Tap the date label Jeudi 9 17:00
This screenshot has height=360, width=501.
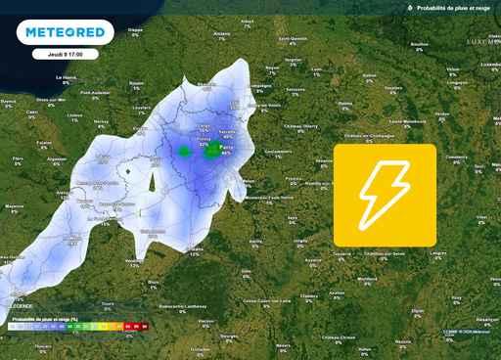click(58, 54)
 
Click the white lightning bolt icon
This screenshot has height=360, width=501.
click(385, 194)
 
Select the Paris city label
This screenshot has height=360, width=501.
click(225, 147)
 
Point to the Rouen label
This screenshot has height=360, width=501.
click(138, 81)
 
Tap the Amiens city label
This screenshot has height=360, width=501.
click(223, 34)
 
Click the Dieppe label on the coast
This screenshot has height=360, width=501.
click(135, 29)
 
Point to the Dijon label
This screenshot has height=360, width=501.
click(419, 311)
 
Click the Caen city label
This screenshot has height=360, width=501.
click(32, 112)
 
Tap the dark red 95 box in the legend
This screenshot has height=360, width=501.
click(144, 325)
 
